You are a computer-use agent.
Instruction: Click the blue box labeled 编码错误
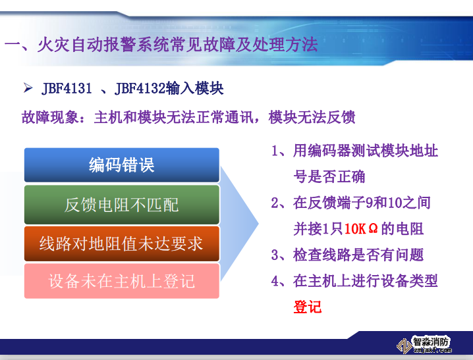pyautogui.click(x=121, y=165)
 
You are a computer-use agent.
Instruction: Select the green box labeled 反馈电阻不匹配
pyautogui.click(x=121, y=205)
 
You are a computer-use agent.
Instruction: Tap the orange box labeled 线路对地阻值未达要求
pyautogui.click(x=121, y=244)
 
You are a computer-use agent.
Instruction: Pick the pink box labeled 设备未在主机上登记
pyautogui.click(x=121, y=282)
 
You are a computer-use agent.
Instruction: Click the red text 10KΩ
pyautogui.click(x=361, y=229)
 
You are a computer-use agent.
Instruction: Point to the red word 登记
pyautogui.click(x=307, y=307)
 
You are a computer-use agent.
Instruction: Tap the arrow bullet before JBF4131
pyautogui.click(x=28, y=88)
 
